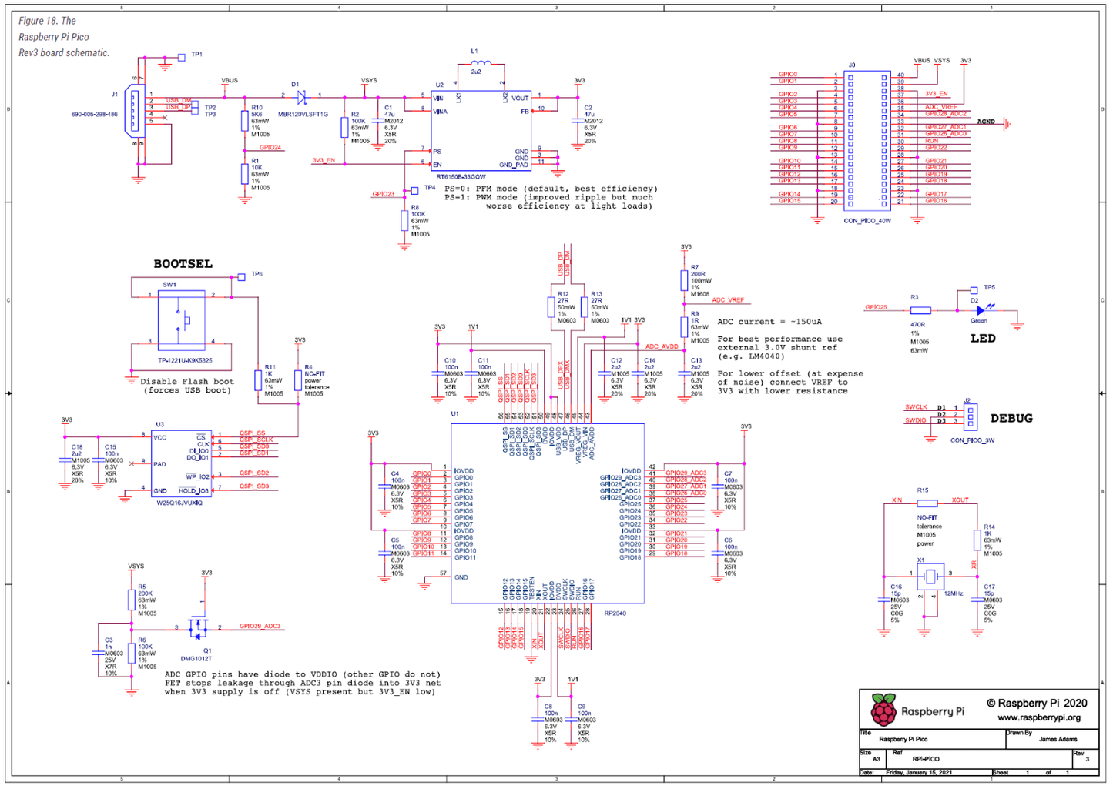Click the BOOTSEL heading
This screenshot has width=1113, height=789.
[183, 264]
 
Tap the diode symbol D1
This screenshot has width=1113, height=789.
[301, 97]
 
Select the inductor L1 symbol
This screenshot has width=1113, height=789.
[480, 63]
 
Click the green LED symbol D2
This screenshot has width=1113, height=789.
[981, 310]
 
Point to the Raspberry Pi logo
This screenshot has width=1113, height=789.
[883, 710]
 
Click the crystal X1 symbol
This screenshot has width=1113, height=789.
[930, 575]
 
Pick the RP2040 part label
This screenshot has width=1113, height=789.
[615, 613]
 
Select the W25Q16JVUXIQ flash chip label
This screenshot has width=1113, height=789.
[179, 503]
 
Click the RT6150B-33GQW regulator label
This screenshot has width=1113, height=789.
[461, 177]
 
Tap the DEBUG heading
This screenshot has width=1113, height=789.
[1011, 418]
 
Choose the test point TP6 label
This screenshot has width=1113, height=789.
[256, 274]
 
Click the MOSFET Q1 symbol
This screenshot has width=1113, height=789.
[199, 628]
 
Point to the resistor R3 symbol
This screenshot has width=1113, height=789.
[920, 310]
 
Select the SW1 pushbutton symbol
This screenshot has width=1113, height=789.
[182, 319]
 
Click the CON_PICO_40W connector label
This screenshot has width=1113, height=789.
[867, 221]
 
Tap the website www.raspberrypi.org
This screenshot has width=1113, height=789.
[1039, 717]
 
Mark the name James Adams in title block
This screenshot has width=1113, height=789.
[1058, 739]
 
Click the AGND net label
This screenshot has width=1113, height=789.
[986, 122]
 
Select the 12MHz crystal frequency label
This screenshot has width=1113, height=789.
[954, 593]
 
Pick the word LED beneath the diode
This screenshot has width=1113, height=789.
[983, 338]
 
